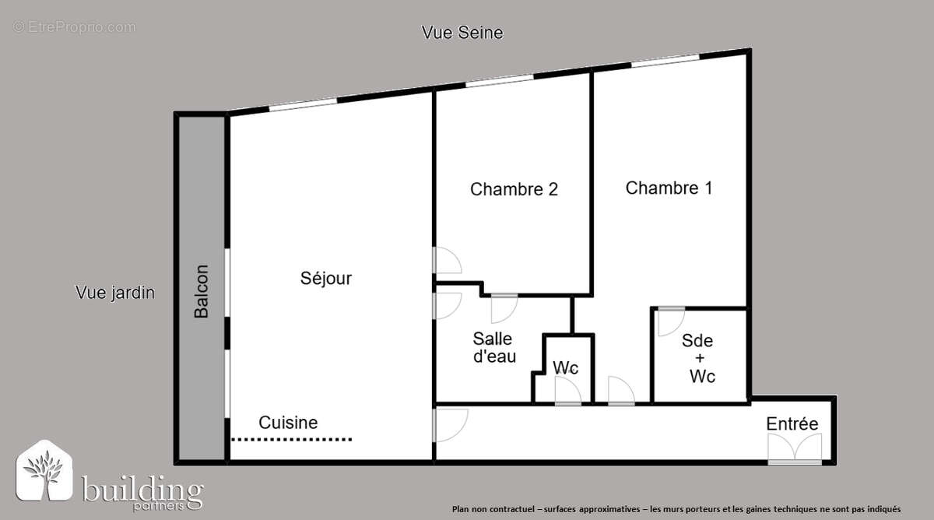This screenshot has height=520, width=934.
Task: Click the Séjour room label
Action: [x=326, y=278]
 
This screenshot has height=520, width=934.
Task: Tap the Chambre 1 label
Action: [x=669, y=188]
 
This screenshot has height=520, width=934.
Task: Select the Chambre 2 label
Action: [x=514, y=189]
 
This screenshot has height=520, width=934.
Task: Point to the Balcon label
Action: [x=202, y=292]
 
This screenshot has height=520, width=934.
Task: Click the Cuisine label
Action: [x=288, y=423]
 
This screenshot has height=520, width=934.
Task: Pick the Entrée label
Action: [x=792, y=424]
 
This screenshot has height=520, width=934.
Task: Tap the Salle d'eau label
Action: [x=493, y=348]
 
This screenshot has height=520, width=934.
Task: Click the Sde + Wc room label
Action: [x=698, y=358]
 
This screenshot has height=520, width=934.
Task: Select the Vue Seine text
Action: [x=462, y=33]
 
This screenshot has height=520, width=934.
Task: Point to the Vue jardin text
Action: [x=115, y=293]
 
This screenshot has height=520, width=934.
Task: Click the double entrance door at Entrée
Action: [x=795, y=449]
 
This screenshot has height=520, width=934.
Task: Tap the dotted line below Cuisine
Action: [x=292, y=440]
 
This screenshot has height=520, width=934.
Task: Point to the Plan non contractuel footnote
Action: [x=676, y=508]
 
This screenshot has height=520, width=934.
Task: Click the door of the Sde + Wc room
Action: [x=670, y=321]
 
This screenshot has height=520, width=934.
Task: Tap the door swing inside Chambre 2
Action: [x=448, y=260]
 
